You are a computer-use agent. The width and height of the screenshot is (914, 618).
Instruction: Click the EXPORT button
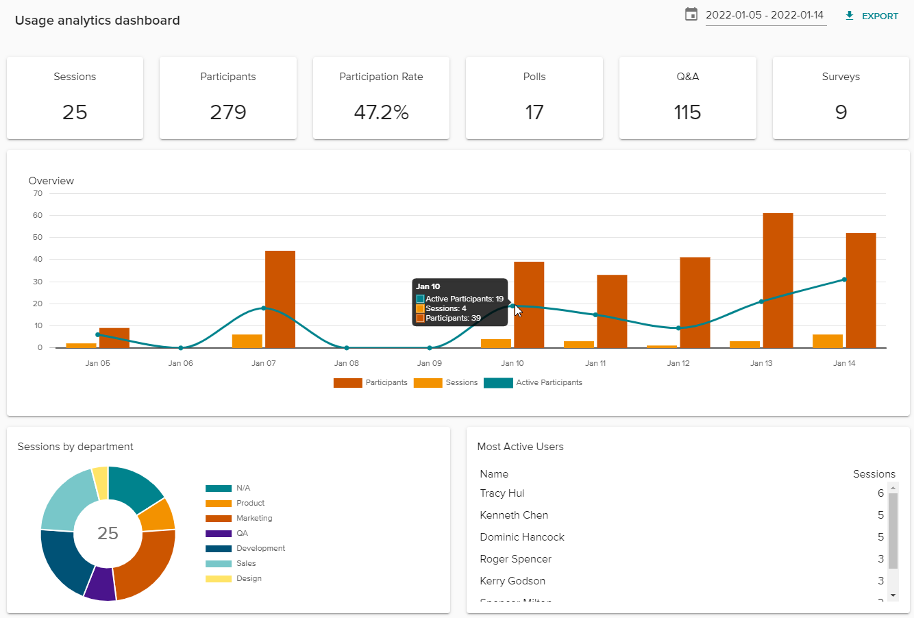pyautogui.click(x=872, y=16)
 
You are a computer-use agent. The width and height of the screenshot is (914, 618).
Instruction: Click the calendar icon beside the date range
pyautogui.click(x=691, y=14)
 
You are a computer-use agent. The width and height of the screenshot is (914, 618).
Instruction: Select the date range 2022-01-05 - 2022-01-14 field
pyautogui.click(x=765, y=15)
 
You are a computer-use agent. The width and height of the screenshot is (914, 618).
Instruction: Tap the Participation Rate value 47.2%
pyautogui.click(x=381, y=112)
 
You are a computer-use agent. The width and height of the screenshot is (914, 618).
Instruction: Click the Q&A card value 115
pyautogui.click(x=687, y=112)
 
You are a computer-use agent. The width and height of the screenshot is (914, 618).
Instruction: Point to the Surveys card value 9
pyautogui.click(x=841, y=112)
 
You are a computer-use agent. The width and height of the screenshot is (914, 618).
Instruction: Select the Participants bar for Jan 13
pyautogui.click(x=778, y=281)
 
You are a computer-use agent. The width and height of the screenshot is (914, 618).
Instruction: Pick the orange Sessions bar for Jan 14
pyautogui.click(x=828, y=341)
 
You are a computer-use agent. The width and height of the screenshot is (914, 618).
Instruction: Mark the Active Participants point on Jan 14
pyautogui.click(x=844, y=280)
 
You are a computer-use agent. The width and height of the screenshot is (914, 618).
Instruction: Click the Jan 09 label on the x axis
pyautogui.click(x=430, y=363)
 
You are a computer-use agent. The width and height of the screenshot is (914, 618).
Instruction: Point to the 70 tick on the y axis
pyautogui.click(x=38, y=193)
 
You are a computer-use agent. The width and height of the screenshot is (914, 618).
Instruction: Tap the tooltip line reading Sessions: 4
pyautogui.click(x=445, y=308)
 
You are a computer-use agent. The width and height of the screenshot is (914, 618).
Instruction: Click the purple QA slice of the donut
pyautogui.click(x=100, y=584)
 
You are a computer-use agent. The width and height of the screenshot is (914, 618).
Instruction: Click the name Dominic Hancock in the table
pyautogui.click(x=522, y=537)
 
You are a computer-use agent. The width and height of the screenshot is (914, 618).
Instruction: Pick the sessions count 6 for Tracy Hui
pyautogui.click(x=880, y=493)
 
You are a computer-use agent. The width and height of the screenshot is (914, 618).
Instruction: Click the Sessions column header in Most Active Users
pyautogui.click(x=874, y=474)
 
